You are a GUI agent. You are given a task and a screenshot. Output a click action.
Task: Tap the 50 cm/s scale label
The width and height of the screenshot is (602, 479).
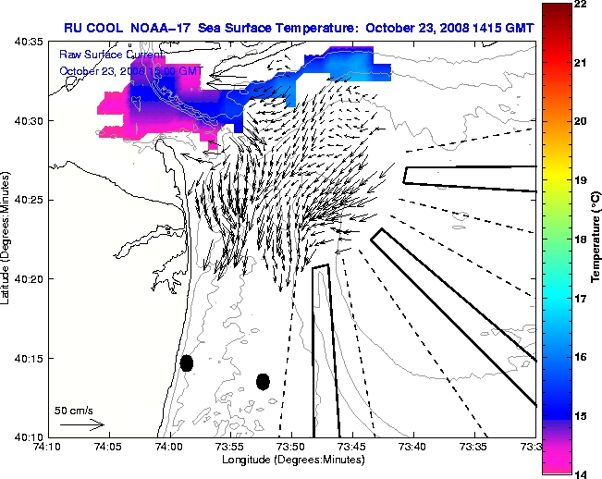pyautogui.click(x=73, y=410)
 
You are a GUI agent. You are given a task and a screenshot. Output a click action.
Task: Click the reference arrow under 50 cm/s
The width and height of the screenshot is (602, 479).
pyautogui.click(x=81, y=424)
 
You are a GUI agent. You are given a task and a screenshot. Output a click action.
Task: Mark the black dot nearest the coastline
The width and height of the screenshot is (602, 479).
pyautogui.click(x=187, y=362)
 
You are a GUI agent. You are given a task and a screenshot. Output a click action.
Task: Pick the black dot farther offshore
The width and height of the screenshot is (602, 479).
pyautogui.click(x=263, y=381)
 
